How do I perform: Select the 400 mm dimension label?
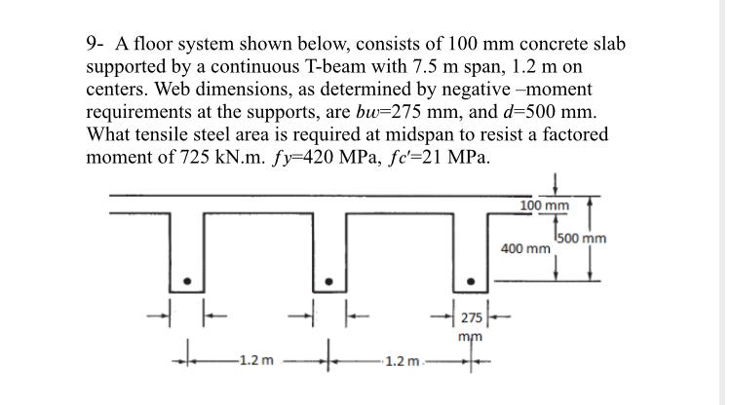pyautogui.click(x=525, y=250)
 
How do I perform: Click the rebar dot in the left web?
pyautogui.click(x=189, y=282)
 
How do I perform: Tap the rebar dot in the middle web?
pyautogui.click(x=330, y=282)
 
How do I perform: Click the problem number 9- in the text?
pyautogui.click(x=96, y=45)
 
